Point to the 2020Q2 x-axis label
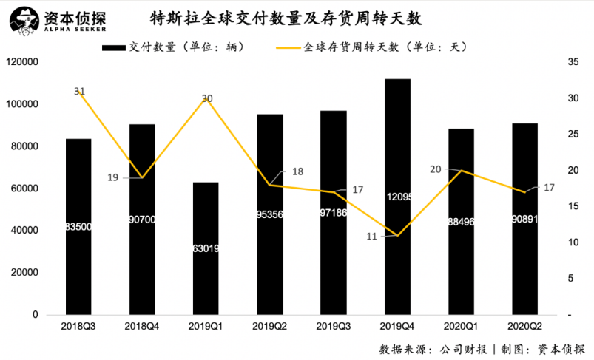pos(524,325)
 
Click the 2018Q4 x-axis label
pos(142,325)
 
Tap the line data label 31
pos(80,91)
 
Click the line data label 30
pos(207,98)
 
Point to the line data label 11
pos(372,236)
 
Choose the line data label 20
pos(436,169)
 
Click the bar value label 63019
pos(206,248)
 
